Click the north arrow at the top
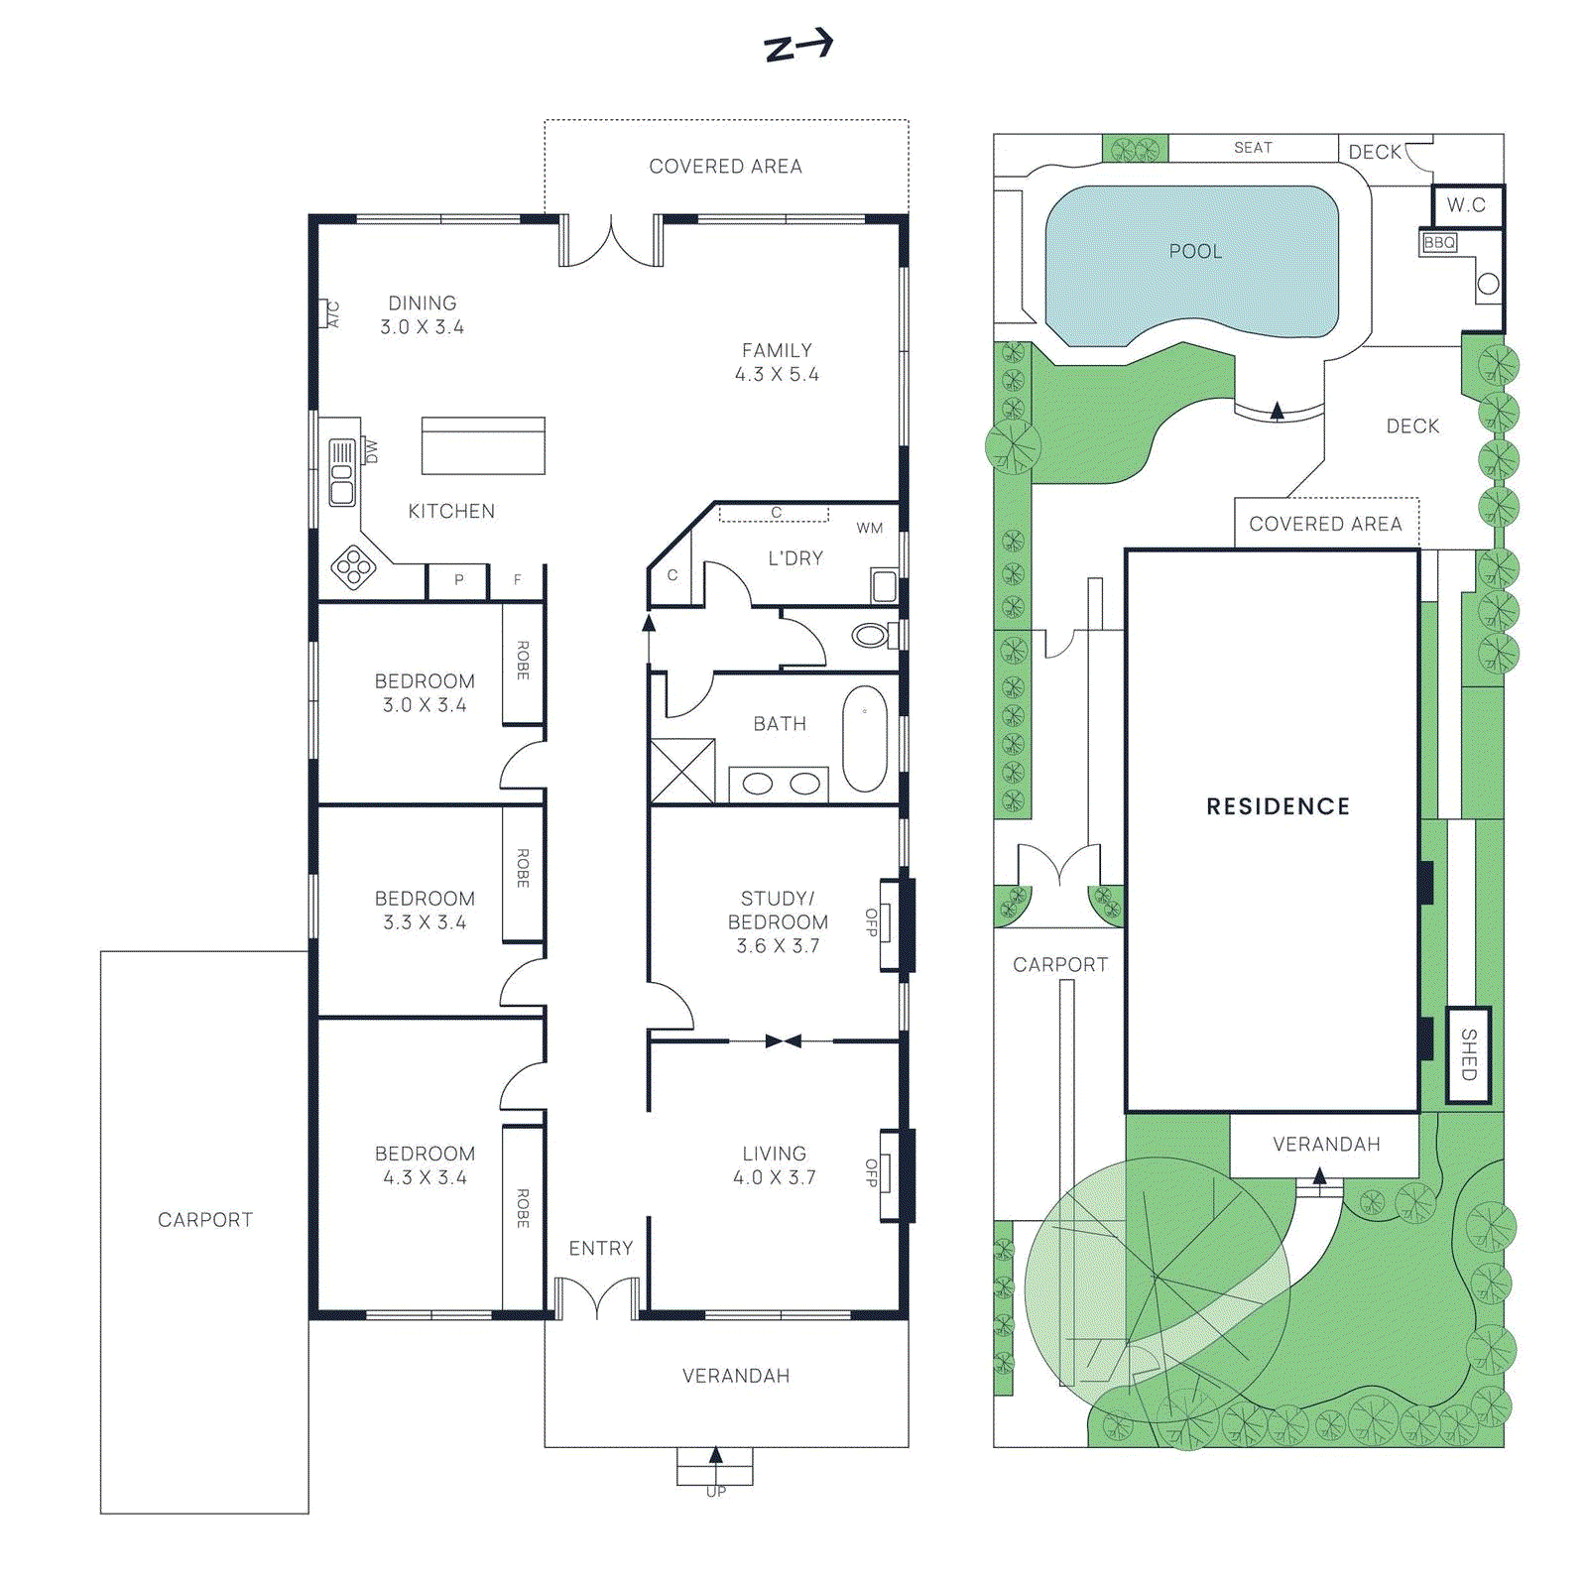tap(797, 46)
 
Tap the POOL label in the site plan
tap(1195, 251)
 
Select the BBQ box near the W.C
tap(1439, 243)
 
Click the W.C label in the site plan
tap(1466, 205)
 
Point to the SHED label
tap(1469, 1053)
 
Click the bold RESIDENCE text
tap(1278, 806)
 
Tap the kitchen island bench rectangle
tap(483, 445)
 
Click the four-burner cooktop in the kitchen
tap(353, 567)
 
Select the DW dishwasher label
tap(371, 451)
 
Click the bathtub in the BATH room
tap(864, 739)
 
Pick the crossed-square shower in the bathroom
tap(682, 771)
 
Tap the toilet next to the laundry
tap(872, 635)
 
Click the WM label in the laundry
tap(869, 528)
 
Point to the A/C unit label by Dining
tap(333, 314)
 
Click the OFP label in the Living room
tap(871, 1172)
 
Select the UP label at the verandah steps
tap(715, 1492)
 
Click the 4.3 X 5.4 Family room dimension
tap(777, 374)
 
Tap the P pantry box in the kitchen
tap(458, 580)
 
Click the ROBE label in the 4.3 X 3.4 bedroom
tap(523, 1208)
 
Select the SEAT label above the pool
tap(1253, 148)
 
